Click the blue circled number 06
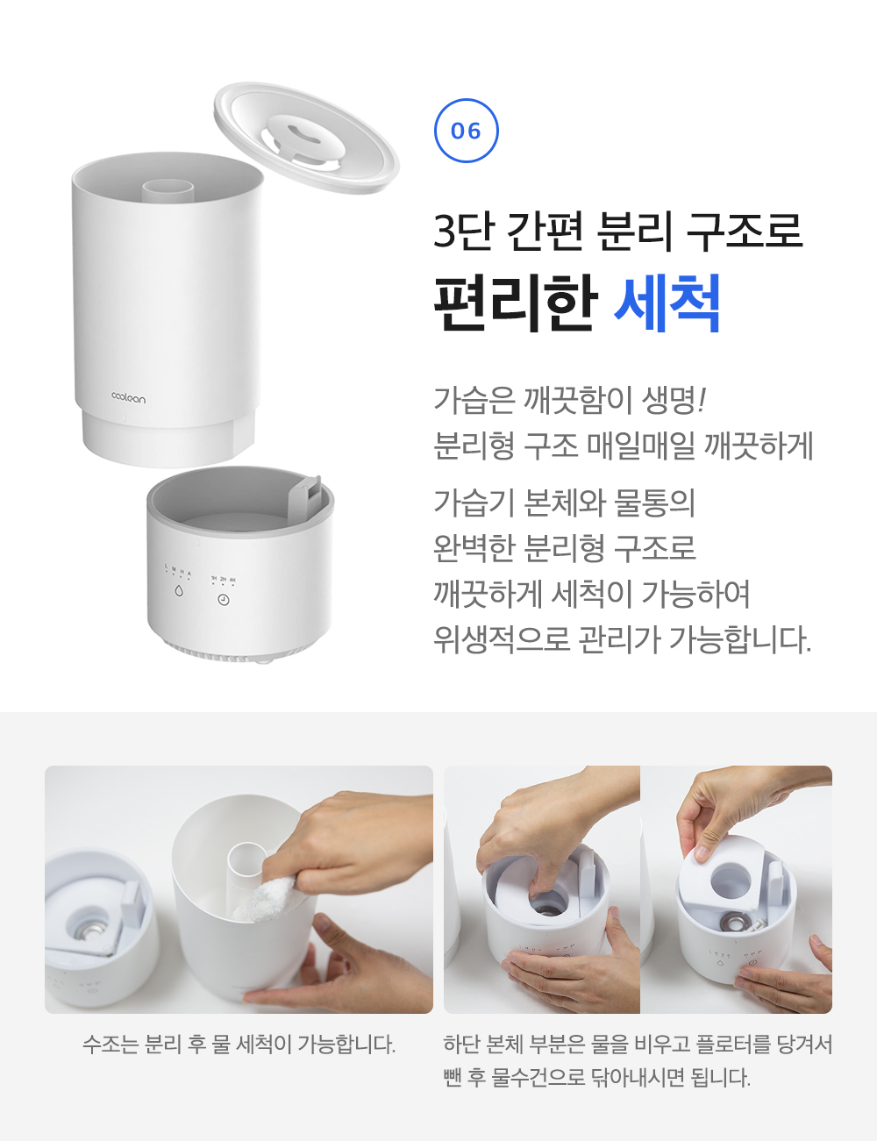466,130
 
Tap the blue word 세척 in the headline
667,303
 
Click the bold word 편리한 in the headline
515,303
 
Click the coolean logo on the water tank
129,398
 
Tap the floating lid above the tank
306,138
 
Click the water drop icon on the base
179,591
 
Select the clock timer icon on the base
224,600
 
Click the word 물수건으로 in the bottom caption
538,1078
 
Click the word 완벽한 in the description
471,547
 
